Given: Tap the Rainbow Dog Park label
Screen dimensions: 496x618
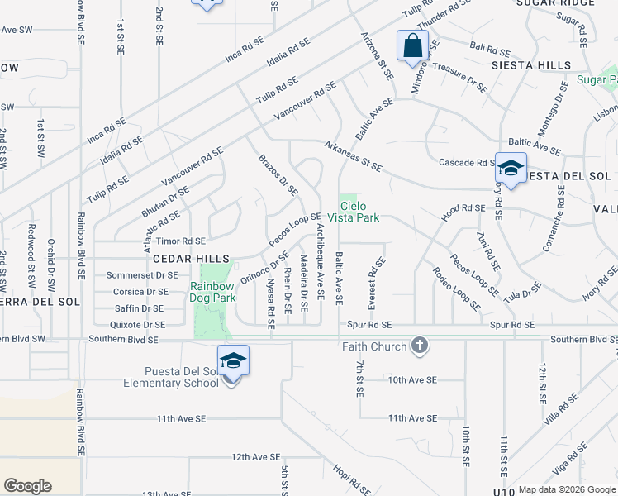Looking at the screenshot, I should pos(213,292).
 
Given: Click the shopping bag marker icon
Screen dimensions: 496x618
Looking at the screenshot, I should pos(412,45).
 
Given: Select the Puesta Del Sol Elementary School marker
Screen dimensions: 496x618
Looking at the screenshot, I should pos(233,360).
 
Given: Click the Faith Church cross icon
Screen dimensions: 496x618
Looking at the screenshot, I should pos(420,346).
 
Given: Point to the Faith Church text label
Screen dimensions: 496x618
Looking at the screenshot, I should pos(374,346).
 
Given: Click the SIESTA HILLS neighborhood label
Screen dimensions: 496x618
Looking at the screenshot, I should pos(531,65).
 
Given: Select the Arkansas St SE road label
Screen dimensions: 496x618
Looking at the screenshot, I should pos(353,156).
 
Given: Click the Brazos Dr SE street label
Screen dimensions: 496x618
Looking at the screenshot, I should pos(278,174).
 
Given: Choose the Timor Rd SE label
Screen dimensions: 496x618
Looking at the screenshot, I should pos(181,241).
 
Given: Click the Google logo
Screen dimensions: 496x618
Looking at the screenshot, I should pos(27,486).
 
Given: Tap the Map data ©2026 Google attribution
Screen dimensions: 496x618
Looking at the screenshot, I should pos(566,489).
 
